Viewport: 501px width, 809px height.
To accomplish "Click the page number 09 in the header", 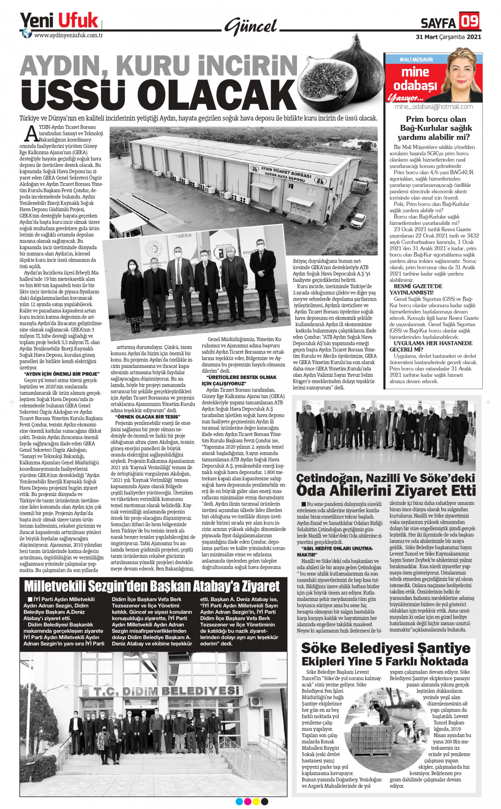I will pyautogui.click(x=469, y=20).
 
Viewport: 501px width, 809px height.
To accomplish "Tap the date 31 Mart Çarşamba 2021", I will pyautogui.click(x=448, y=37).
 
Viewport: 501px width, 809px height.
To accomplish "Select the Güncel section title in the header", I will pyautogui.click(x=251, y=27).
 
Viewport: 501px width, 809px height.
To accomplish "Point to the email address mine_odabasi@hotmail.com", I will pyautogui.click(x=433, y=107).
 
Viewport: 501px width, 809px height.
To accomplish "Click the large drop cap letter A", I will pyautogui.click(x=32, y=134).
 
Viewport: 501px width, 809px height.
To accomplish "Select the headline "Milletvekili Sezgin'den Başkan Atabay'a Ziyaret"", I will pyautogui.click(x=152, y=586).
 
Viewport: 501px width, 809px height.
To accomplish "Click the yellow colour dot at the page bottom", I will pyautogui.click(x=256, y=802).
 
